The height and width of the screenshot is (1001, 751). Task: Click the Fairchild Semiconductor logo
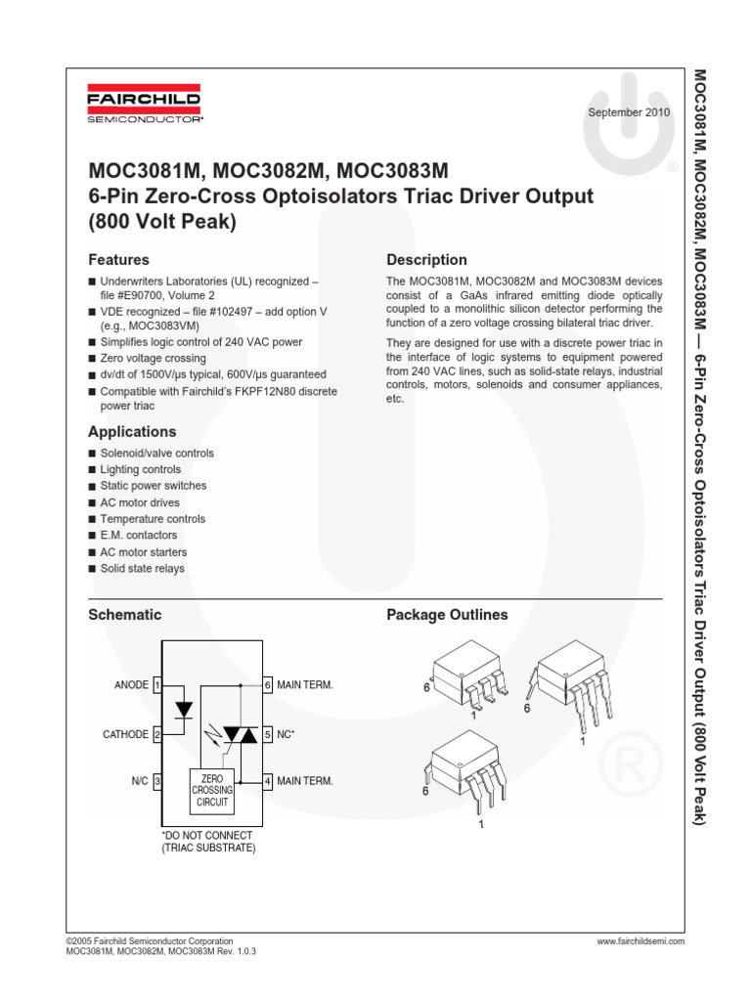click(144, 108)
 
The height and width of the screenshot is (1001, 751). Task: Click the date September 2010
click(628, 112)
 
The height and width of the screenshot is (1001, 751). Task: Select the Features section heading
click(118, 260)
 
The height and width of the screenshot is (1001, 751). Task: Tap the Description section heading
click(426, 260)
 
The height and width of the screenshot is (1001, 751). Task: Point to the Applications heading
click(132, 431)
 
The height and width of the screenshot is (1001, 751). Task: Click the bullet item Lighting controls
click(140, 469)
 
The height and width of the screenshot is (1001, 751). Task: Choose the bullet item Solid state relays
click(142, 568)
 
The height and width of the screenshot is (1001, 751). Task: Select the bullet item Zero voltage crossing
click(153, 359)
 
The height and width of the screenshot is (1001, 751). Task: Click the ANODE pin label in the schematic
click(131, 685)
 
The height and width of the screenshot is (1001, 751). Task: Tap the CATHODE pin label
click(126, 734)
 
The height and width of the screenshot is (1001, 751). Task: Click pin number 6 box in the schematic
click(267, 685)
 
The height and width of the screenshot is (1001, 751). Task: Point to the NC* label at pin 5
click(287, 734)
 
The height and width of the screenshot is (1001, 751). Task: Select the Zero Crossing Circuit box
click(212, 789)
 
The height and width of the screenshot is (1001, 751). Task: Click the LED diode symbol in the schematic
click(182, 709)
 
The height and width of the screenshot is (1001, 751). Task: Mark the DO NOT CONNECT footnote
click(207, 842)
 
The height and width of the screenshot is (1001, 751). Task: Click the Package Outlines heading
click(447, 615)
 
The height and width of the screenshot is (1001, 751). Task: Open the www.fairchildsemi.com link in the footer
click(640, 940)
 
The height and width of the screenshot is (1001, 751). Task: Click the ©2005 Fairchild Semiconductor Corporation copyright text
click(149, 940)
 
